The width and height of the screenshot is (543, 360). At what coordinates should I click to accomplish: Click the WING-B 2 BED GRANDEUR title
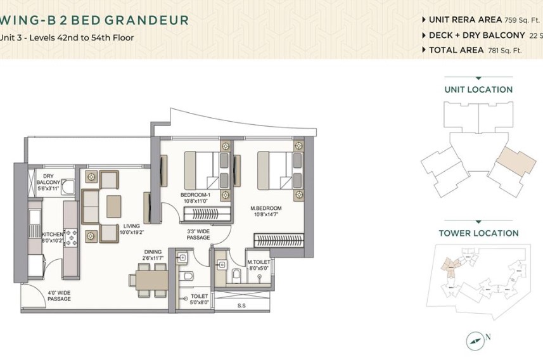click(95, 20)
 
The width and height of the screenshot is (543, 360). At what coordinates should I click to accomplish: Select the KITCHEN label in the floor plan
click(52, 235)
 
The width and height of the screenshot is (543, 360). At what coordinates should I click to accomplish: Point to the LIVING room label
click(131, 226)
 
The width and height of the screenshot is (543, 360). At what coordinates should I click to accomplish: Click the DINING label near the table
click(153, 252)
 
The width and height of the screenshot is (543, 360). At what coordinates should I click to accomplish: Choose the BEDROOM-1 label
click(195, 195)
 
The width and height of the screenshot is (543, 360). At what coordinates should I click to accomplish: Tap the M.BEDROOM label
click(266, 208)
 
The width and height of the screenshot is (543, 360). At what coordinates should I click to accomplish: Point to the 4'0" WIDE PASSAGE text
click(59, 295)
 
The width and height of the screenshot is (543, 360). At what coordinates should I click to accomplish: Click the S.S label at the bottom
click(241, 305)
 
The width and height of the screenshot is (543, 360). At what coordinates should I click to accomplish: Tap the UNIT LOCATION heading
click(478, 90)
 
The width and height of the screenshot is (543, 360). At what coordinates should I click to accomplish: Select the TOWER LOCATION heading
click(478, 233)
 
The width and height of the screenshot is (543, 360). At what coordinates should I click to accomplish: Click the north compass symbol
click(474, 341)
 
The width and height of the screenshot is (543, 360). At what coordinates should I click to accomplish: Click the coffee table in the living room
click(114, 206)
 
